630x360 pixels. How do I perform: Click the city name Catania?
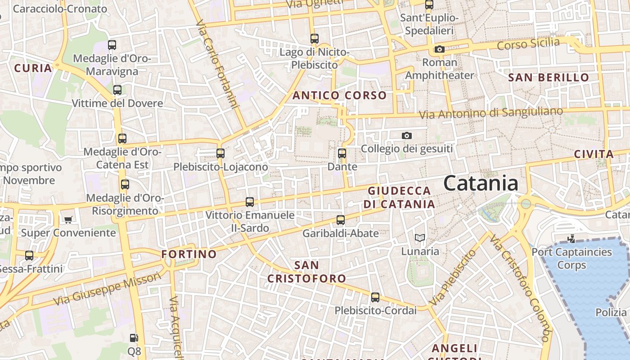coord(480,184)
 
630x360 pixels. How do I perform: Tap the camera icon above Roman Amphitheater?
coord(439,49)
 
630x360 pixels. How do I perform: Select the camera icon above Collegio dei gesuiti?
coord(406,135)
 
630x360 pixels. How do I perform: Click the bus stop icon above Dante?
coord(342,153)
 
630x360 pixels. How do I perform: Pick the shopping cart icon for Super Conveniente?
coord(68,220)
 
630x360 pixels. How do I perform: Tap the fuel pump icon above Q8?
coord(134,337)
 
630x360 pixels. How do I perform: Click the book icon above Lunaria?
coord(419,238)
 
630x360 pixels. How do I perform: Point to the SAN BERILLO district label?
coord(549,77)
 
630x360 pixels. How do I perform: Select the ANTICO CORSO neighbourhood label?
coord(339,95)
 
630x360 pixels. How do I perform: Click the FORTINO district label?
coord(189,254)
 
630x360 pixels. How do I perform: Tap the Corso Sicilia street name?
coord(528,44)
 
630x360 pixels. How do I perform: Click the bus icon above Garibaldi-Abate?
coord(341,220)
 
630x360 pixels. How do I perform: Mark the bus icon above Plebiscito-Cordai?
coord(375,297)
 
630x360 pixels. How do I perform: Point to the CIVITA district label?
coord(594,154)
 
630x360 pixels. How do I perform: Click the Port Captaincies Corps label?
coord(571,258)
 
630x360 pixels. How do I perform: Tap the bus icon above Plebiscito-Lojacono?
coord(220,153)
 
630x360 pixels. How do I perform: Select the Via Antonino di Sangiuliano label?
coord(490,113)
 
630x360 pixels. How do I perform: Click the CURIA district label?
coord(33,68)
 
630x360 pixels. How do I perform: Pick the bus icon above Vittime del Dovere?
coord(117,90)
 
